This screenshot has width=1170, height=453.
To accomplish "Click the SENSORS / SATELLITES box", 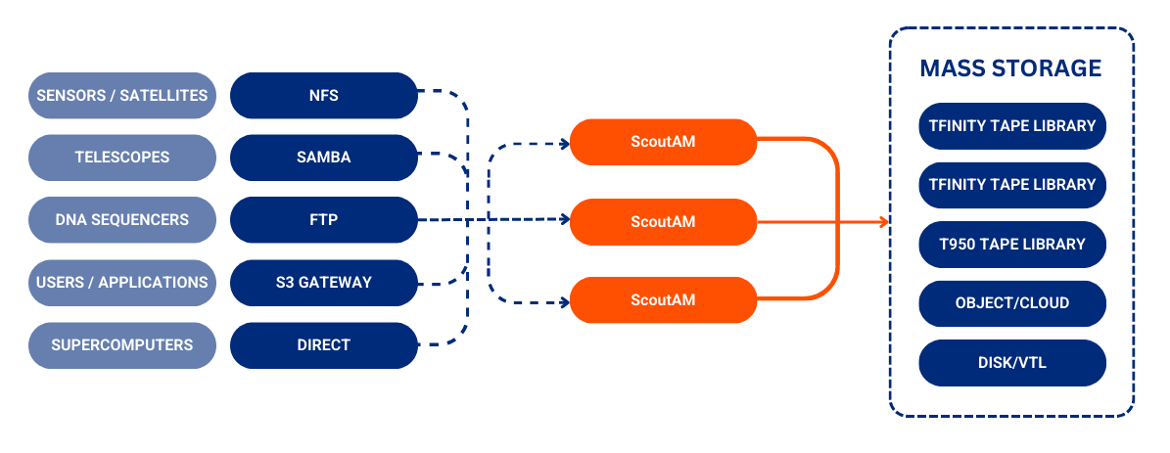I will tap(122, 95).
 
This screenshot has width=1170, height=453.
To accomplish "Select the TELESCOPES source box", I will tap(122, 158).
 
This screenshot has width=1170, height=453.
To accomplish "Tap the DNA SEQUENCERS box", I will tap(122, 220).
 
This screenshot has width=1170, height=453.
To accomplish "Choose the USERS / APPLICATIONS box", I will tap(122, 283).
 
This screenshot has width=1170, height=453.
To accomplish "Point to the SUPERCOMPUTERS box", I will tap(122, 345).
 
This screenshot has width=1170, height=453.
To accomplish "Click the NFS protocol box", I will tap(323, 95).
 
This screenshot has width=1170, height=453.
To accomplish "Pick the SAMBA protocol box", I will tap(323, 158).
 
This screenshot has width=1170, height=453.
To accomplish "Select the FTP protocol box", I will tap(323, 220).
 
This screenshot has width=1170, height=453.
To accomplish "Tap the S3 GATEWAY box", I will tap(323, 283).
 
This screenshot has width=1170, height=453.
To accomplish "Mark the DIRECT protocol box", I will tap(323, 345).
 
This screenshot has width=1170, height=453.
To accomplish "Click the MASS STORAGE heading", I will tap(1010, 68).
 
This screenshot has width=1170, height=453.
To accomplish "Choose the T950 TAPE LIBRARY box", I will tap(1012, 244).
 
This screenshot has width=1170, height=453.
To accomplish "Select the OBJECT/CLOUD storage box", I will tap(1012, 303).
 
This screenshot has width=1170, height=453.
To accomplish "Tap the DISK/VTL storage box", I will tap(1012, 363).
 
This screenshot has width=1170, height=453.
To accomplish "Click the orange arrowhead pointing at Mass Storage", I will tap(883, 222).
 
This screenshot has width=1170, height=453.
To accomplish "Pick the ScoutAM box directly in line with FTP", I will tap(663, 222).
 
